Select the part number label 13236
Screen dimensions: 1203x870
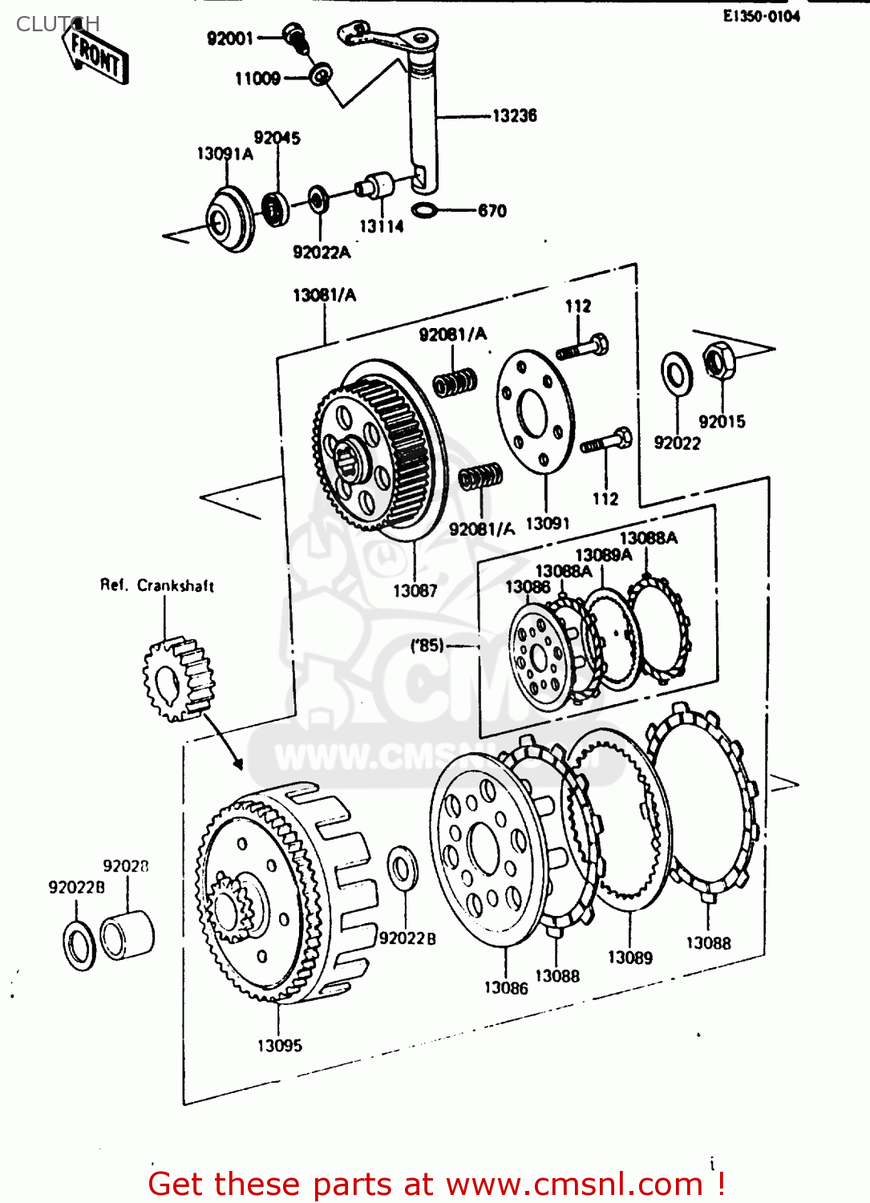point(514,115)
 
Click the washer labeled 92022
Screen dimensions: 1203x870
point(677,374)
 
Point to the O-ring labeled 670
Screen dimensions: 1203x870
point(424,211)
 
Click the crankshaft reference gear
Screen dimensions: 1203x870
point(179,678)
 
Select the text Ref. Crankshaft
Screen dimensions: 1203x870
point(157,585)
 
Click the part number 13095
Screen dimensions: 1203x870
point(279,1046)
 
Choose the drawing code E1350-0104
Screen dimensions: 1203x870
point(761,16)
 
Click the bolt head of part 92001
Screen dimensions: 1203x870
point(293,35)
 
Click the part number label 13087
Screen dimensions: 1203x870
point(415,591)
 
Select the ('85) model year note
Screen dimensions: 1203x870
point(427,645)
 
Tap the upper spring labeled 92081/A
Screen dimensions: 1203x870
point(455,382)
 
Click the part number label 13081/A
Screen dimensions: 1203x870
point(324,295)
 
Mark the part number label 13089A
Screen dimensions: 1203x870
point(603,555)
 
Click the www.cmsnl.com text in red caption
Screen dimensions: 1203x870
point(574,1184)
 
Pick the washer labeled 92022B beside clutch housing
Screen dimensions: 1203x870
point(402,868)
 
